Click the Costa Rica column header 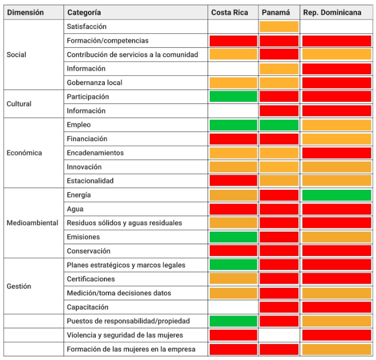(229, 12)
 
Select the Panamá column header (276, 12)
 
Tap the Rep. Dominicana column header (332, 12)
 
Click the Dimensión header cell (25, 12)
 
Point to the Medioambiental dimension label (32, 223)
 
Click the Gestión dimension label (19, 286)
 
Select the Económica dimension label (24, 153)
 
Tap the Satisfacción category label (86, 27)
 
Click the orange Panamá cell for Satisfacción (279, 27)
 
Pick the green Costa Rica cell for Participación (234, 96)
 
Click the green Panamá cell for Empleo (279, 125)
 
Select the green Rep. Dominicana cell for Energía (337, 195)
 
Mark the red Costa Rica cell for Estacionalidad (234, 181)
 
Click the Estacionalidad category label (90, 181)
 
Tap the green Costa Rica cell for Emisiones (234, 237)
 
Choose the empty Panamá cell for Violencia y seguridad (279, 335)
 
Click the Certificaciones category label (91, 279)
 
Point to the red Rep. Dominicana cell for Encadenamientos (337, 153)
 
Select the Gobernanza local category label (94, 83)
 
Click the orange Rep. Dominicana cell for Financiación (337, 139)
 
